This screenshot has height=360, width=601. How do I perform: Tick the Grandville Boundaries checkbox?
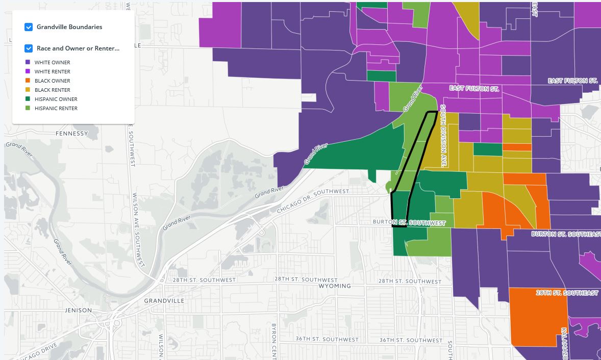click(x=29, y=27)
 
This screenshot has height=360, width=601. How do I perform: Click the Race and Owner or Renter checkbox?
click(x=29, y=48)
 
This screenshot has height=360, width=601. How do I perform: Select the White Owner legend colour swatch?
click(x=28, y=62)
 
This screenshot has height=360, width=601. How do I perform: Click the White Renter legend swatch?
click(x=28, y=71)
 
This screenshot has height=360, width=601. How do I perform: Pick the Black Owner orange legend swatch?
click(x=28, y=81)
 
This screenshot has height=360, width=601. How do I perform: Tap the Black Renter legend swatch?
click(x=28, y=90)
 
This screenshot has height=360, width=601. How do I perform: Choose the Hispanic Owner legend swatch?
click(x=28, y=99)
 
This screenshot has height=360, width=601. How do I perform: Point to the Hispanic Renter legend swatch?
click(x=28, y=108)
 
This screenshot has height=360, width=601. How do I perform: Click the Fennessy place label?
click(x=72, y=134)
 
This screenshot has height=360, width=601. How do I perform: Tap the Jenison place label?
click(x=79, y=310)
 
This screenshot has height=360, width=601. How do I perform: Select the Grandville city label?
click(x=164, y=301)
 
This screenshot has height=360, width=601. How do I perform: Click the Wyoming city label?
click(x=335, y=286)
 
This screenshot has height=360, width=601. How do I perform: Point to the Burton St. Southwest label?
click(x=409, y=223)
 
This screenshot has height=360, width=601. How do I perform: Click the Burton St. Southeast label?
click(x=565, y=234)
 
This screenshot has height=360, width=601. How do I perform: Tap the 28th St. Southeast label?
click(x=567, y=293)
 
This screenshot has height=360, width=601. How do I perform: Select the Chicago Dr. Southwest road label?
click(x=313, y=201)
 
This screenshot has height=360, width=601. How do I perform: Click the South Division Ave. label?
click(x=443, y=136)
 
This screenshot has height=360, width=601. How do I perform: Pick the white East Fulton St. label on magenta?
click(x=474, y=89)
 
